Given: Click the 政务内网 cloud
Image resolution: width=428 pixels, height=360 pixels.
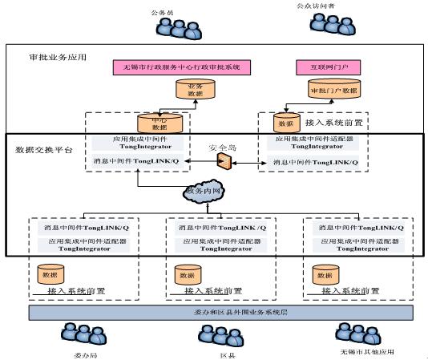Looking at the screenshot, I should (205, 192).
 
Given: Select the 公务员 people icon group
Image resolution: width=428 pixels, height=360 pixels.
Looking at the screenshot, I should (171, 27).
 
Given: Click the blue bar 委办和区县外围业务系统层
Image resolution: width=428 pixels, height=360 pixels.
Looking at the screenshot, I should (214, 311).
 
